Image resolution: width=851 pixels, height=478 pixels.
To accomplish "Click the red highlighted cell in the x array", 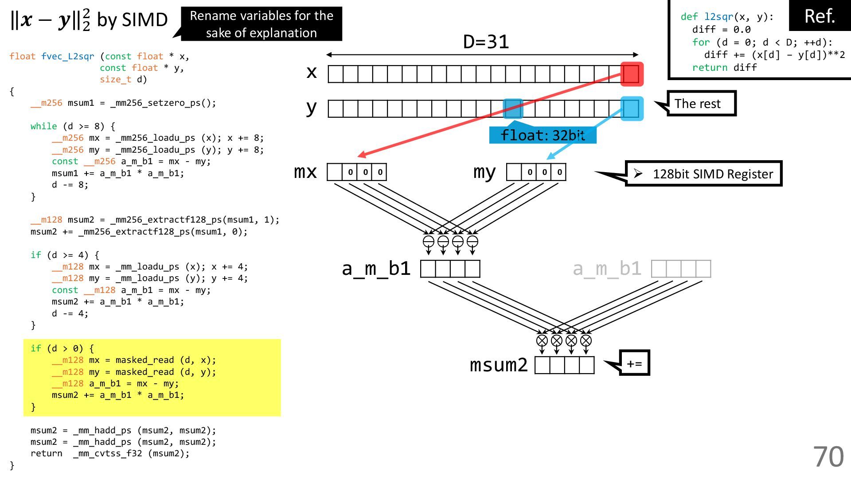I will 632,74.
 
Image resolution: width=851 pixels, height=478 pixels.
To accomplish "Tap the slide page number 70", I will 828,456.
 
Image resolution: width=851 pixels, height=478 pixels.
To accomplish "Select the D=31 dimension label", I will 486,42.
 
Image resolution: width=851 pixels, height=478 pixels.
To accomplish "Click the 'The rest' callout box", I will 701,104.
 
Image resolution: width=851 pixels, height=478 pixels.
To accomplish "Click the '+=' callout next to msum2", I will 634,363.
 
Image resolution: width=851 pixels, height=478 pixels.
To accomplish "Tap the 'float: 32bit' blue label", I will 543,135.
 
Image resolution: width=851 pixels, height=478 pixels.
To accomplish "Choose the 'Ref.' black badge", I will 820,16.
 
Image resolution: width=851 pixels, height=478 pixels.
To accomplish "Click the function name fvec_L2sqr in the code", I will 68,56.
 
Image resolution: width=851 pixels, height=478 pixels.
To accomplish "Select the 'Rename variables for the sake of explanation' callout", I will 261,24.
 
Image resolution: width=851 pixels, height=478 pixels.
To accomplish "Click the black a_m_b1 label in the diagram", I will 376,269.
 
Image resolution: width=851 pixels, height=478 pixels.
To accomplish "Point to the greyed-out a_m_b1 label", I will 607,269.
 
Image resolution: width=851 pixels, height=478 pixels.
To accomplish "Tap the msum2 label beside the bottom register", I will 499,365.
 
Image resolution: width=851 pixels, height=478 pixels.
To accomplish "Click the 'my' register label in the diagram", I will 484,172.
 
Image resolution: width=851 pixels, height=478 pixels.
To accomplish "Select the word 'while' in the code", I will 44,126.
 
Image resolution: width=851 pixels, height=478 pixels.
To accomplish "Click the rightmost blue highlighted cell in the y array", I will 632,109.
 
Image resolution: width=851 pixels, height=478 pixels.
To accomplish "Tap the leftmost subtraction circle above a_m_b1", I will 429,241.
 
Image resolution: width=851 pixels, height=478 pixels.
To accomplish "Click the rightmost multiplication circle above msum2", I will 586,340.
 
